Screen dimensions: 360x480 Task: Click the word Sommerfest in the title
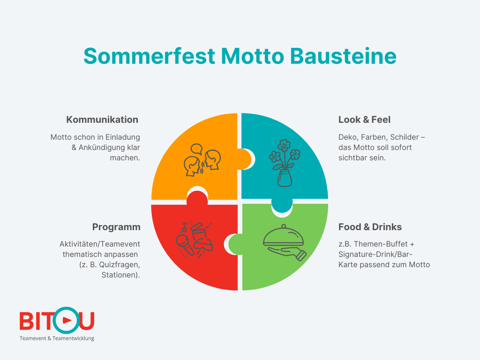coord(149,56)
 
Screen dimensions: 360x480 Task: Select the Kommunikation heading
coord(102,120)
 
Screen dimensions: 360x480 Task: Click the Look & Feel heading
coord(364,120)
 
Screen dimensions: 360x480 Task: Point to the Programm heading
coord(116,227)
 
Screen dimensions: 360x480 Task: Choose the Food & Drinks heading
coord(370,227)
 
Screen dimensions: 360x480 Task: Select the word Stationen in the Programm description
coord(120,275)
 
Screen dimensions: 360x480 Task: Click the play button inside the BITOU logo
coord(67,320)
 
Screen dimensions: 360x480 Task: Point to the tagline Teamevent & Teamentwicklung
coord(57,338)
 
